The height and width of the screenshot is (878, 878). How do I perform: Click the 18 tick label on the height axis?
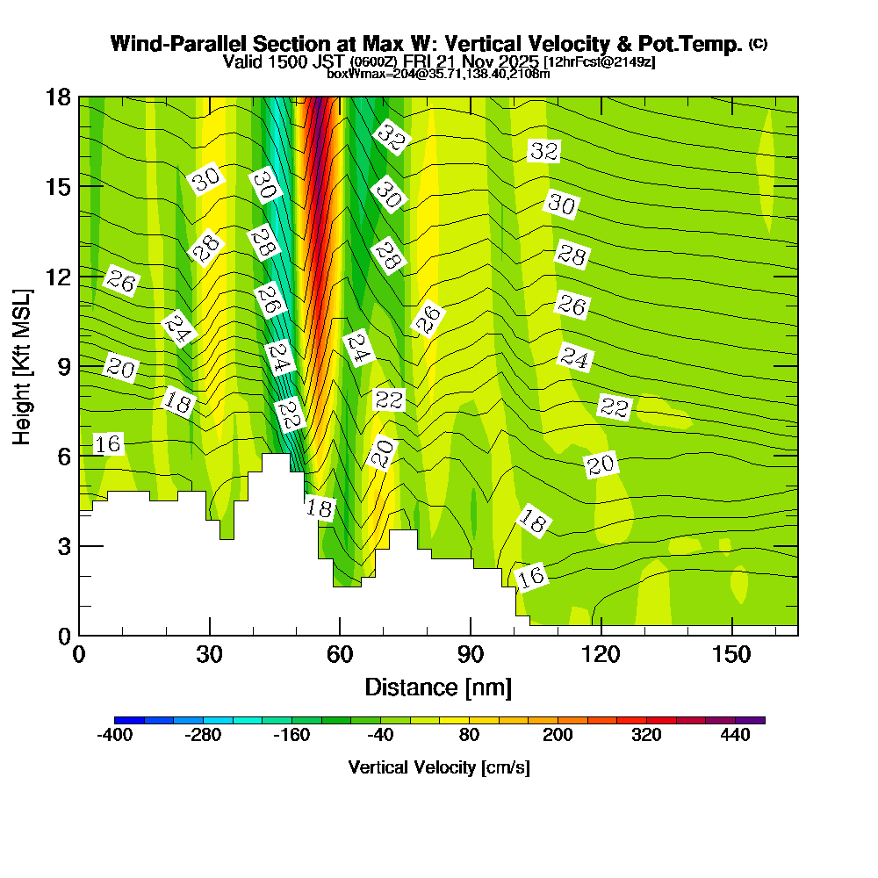[59, 97]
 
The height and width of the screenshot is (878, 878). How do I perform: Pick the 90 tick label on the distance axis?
[471, 655]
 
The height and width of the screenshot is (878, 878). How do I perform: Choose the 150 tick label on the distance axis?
[731, 655]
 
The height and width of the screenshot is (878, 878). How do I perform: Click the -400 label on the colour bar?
[114, 736]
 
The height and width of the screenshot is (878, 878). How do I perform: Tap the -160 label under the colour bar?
[291, 736]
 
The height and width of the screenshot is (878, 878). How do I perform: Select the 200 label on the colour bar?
[558, 736]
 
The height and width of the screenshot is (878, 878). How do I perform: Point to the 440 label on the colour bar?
[735, 736]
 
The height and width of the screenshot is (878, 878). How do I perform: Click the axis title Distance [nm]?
[438, 687]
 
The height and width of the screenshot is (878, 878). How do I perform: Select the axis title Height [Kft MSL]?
[22, 365]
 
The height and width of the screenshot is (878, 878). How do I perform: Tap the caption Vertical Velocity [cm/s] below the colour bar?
[438, 767]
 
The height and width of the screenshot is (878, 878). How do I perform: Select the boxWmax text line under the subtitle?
[438, 74]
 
